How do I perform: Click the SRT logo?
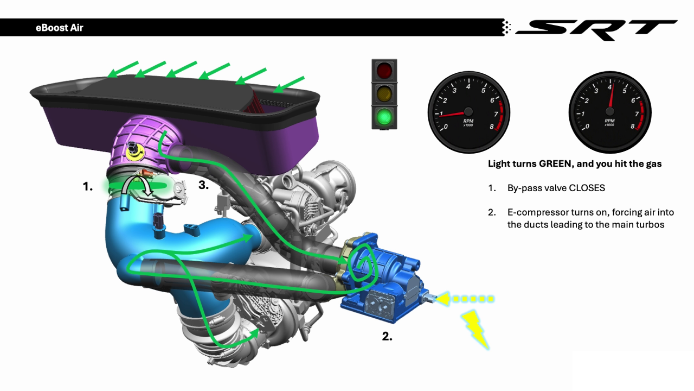[x=596, y=30]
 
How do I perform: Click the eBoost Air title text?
[x=60, y=28]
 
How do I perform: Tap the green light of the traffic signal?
[x=384, y=117]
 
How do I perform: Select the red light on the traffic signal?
[x=384, y=71]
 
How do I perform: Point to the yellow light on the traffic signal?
[x=384, y=94]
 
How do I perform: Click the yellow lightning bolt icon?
[x=475, y=329]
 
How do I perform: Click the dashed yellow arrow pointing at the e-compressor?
[x=464, y=299]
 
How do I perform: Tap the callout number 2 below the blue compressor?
[x=387, y=336]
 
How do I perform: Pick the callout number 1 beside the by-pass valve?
[x=88, y=186]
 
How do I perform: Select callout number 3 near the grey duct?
[x=203, y=185]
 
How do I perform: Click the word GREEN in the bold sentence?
[x=556, y=164]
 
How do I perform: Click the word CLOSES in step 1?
[x=587, y=188]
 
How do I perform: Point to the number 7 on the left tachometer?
[x=496, y=114]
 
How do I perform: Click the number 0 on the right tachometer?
[x=587, y=127]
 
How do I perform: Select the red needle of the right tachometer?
[x=611, y=96]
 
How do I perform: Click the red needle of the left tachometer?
[x=453, y=114]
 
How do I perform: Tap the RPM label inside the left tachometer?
[x=468, y=121]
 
